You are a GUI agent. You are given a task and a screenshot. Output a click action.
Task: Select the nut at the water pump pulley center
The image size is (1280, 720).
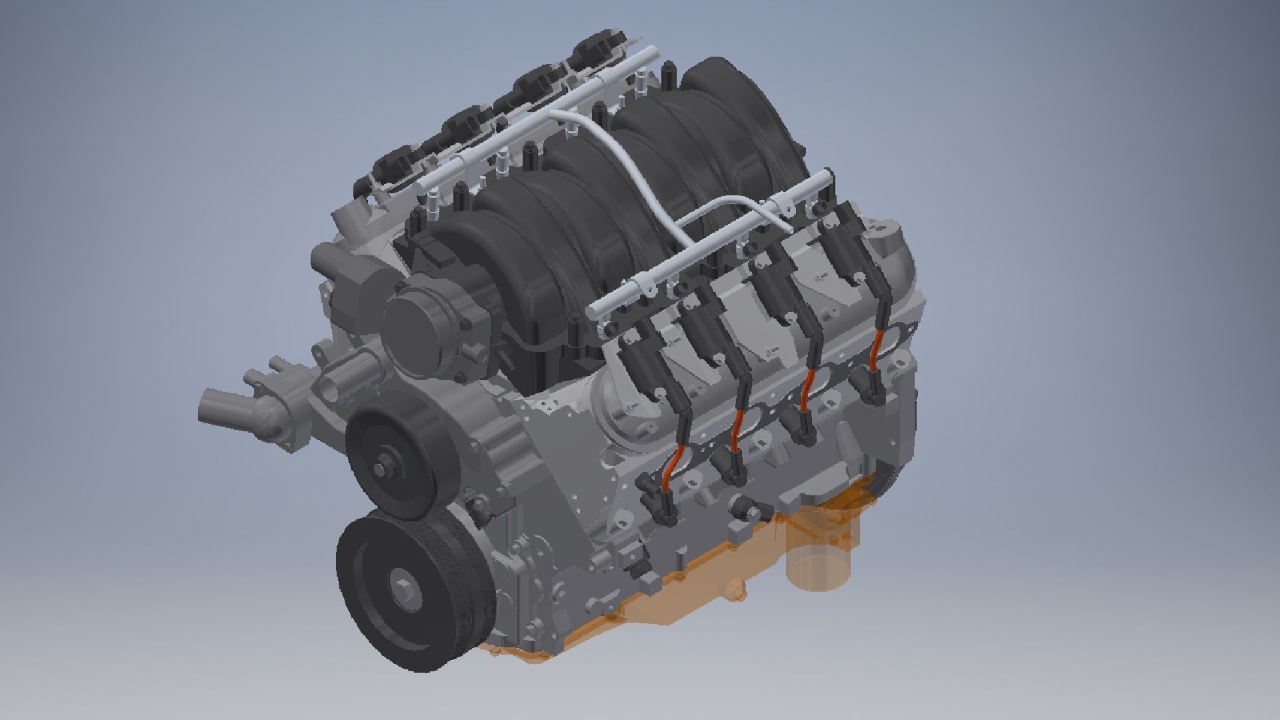point(385,466)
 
